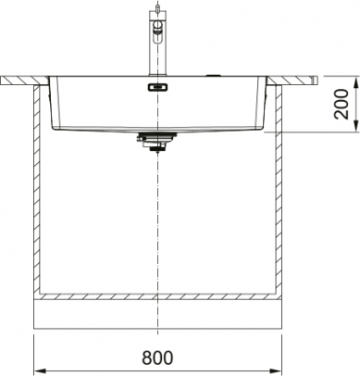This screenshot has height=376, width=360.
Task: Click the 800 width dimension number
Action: pyautogui.click(x=157, y=357)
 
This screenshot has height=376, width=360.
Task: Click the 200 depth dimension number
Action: pyautogui.click(x=341, y=104)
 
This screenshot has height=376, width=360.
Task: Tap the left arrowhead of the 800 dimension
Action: pyautogui.click(x=40, y=370)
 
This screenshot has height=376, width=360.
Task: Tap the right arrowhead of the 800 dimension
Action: pyautogui.click(x=276, y=370)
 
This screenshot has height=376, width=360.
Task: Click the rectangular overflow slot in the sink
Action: pyautogui.click(x=157, y=88)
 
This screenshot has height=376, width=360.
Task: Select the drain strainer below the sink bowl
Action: pyautogui.click(x=157, y=143)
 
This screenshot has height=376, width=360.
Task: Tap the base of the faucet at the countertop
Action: pyautogui.click(x=158, y=74)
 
